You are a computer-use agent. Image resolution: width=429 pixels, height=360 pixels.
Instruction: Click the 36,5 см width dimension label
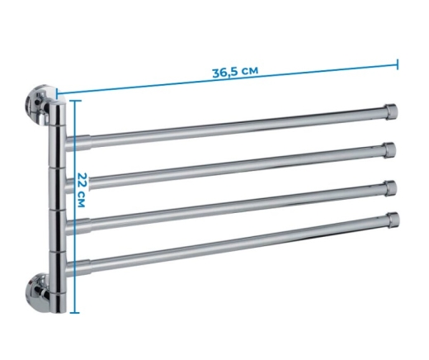pos(235,72)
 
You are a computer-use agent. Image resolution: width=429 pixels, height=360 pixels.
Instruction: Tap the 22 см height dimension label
pos(82,190)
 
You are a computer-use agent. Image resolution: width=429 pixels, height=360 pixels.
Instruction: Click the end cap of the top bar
pos(390,111)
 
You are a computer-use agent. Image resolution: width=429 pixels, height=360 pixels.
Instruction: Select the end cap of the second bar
pos(390,149)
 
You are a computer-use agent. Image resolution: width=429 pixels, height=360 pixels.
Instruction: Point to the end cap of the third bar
pos(390,188)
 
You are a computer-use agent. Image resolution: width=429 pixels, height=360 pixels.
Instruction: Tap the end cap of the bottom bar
pos(393,220)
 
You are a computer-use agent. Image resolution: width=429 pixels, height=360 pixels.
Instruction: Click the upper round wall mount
pos(37,105)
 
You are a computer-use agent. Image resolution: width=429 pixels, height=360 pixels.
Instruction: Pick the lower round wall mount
pos(38,293)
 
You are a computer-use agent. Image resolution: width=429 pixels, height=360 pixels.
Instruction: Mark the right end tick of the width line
pos(397,64)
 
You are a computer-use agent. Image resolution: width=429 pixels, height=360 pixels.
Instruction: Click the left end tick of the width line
pos(57,93)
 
